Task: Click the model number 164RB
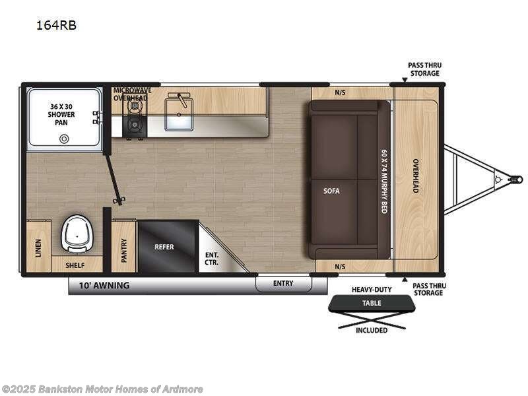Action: coord(56,25)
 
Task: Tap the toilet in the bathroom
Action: coord(77,234)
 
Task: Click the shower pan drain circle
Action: coord(64,139)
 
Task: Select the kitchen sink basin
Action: coord(179,114)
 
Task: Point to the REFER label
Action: coord(164,247)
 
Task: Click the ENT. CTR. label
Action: coord(211,259)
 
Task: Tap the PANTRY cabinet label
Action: coord(124,250)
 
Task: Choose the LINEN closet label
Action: coord(38,248)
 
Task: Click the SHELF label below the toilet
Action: coord(75,265)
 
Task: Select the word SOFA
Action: coord(332,191)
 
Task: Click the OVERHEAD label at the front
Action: coord(416,176)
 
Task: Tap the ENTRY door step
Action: coord(284,284)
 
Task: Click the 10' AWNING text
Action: coord(104,286)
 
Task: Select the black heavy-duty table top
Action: coord(372,303)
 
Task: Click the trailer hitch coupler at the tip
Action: coord(517,179)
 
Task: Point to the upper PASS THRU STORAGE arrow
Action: coord(405,80)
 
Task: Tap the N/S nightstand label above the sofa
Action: coord(340,92)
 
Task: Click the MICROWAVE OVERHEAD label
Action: coord(132,94)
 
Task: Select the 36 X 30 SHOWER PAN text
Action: coord(61,114)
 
